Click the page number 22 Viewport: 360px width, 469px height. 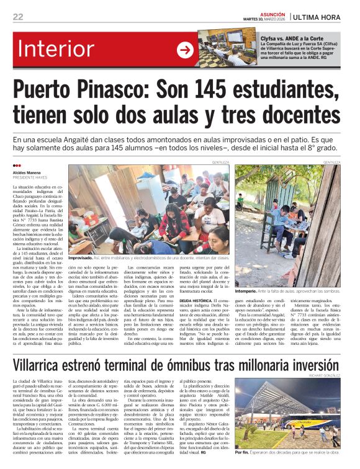pyautogui.click(x=18, y=17)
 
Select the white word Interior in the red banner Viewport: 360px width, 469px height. pyautogui.click(x=73, y=49)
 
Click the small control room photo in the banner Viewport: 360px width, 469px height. pyautogui.click(x=223, y=47)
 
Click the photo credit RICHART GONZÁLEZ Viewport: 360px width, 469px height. pyautogui.click(x=324, y=376)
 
